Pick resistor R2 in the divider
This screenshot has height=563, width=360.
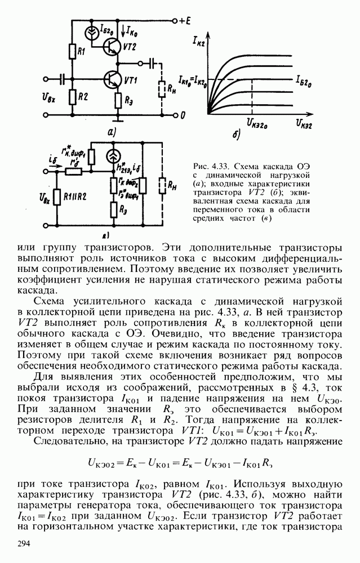[72, 97]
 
